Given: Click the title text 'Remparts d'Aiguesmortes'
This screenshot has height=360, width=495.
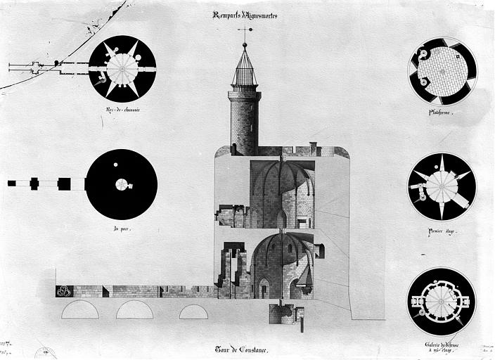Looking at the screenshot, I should point(244,15).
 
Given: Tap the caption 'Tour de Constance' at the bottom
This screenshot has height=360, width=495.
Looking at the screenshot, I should point(243,349).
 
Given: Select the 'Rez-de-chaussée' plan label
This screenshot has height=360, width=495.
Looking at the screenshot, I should point(122,110).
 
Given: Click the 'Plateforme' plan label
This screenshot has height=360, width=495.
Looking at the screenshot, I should point(441,112).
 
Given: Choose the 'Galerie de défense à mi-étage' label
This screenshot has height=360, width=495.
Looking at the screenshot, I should point(442,347).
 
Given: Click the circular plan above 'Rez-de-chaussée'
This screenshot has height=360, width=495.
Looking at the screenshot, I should point(122,68).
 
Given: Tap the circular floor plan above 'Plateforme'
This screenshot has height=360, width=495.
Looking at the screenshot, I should point(442,72).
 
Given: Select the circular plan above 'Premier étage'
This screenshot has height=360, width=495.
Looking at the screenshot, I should point(442,186).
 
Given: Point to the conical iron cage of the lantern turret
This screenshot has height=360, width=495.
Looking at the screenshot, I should point(244,70).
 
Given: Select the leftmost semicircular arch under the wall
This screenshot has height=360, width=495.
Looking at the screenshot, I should point(79,310).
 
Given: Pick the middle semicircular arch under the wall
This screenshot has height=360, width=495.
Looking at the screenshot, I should point(134,310).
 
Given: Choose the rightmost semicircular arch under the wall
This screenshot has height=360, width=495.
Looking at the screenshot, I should point(193,311).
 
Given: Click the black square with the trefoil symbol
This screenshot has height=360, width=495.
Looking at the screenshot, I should point(64,291).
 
